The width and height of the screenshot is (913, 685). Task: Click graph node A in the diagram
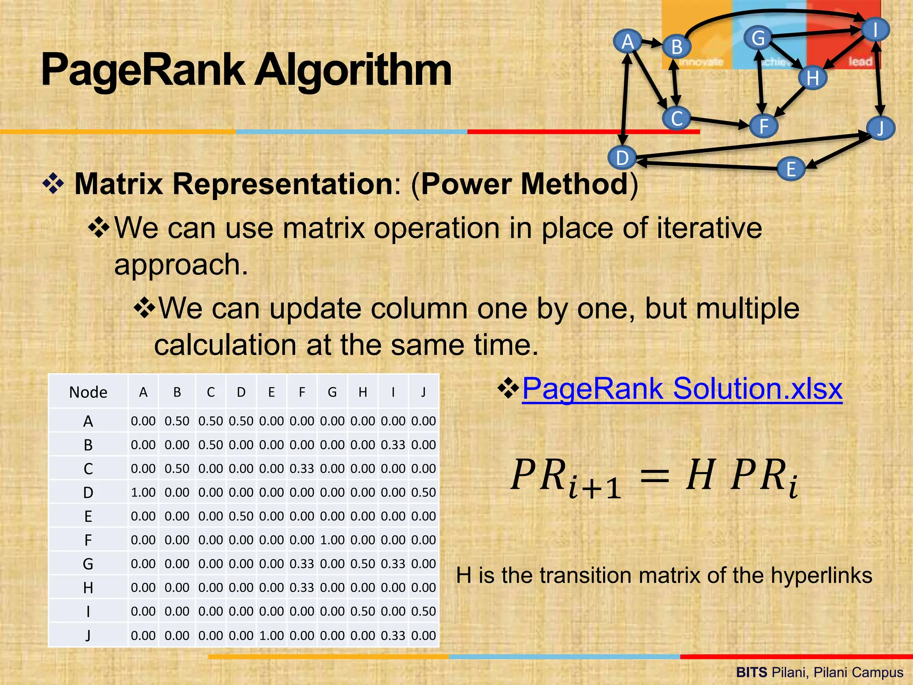click(628, 41)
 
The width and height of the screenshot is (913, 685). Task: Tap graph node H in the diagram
click(813, 78)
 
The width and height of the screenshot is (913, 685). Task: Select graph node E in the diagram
click(791, 169)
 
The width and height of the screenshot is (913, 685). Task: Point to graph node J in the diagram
click(880, 128)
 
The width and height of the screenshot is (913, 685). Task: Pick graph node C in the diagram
click(677, 119)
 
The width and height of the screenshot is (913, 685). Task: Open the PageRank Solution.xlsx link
click(682, 388)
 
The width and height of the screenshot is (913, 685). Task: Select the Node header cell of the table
click(88, 392)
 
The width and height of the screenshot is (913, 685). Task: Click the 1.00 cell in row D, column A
click(143, 492)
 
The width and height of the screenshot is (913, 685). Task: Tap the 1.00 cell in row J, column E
click(271, 635)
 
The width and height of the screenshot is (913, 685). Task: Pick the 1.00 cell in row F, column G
click(332, 540)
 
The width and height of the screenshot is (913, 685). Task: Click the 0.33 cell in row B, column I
click(393, 445)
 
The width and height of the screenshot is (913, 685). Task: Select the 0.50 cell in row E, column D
click(241, 516)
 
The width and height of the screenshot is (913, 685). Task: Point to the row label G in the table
click(88, 564)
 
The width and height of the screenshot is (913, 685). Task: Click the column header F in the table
click(302, 392)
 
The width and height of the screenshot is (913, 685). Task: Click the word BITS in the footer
click(752, 672)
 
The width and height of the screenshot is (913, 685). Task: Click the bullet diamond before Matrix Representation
click(53, 184)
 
